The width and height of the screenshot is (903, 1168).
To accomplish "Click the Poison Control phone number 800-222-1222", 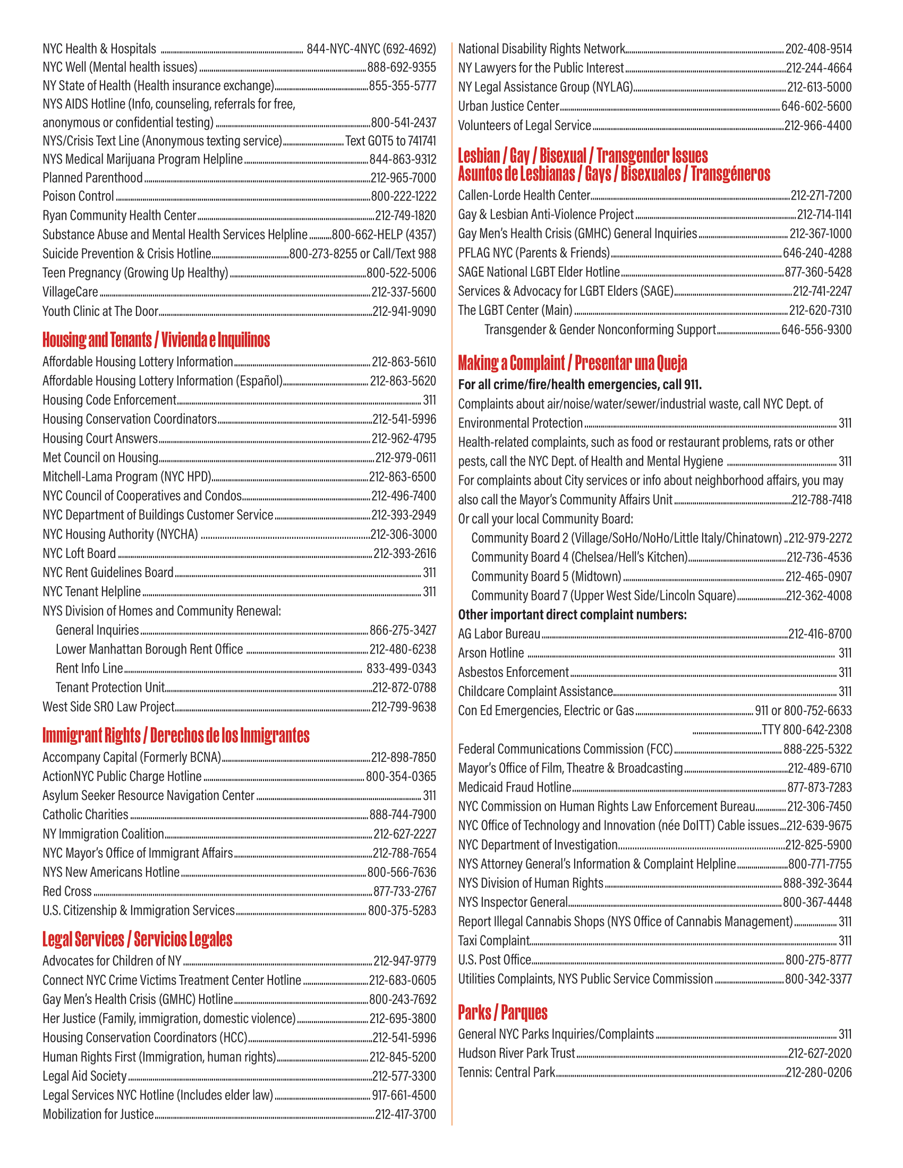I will [x=403, y=196].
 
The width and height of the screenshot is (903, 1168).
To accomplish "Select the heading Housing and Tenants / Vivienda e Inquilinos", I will [x=156, y=340].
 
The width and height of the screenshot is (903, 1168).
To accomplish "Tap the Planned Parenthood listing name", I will [x=92, y=177].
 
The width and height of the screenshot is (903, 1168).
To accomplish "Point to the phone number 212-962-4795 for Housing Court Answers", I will [x=403, y=439].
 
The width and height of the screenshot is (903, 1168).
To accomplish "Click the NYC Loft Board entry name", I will [x=79, y=554].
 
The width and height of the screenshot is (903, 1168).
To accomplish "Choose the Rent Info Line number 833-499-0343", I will [x=401, y=668].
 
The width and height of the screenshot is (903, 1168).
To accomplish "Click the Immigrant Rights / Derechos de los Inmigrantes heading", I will [x=175, y=735].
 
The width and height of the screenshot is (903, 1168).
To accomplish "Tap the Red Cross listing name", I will [x=67, y=891].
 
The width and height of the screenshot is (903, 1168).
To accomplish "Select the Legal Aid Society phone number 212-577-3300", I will [x=404, y=1076].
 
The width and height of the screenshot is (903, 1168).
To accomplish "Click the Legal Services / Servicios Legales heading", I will [x=137, y=939].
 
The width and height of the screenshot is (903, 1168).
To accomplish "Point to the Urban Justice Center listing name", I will [x=508, y=106].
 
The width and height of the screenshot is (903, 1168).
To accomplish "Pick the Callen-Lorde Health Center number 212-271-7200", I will [x=821, y=195].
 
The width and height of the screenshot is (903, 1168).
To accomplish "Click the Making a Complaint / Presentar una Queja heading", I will [x=572, y=363].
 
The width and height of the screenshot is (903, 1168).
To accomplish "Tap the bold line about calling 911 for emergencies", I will [x=580, y=384].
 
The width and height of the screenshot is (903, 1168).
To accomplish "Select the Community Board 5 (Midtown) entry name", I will [x=546, y=577].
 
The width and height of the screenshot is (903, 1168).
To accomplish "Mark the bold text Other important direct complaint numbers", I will [x=572, y=614].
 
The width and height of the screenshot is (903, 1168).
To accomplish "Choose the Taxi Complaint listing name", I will [x=493, y=941].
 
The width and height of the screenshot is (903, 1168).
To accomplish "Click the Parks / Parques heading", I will [x=502, y=1012].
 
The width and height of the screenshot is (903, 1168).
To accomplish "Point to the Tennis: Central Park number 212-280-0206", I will [x=819, y=1072].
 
